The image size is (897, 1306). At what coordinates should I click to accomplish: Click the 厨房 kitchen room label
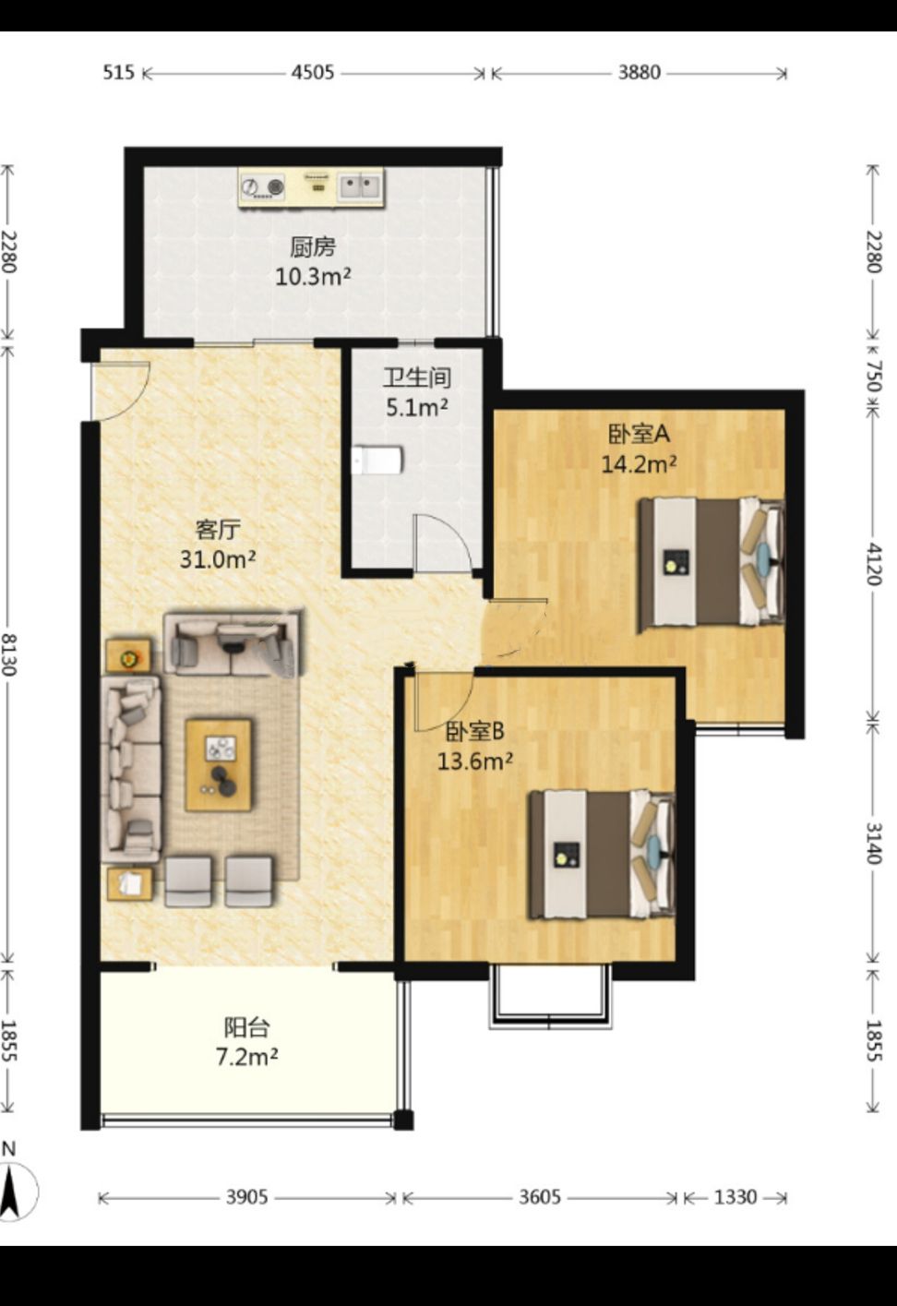pos(313,247)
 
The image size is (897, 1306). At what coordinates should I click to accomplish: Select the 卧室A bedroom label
pos(639,434)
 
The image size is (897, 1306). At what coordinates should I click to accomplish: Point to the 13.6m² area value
pos(475,761)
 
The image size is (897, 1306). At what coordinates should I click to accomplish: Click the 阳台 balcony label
pos(247,1027)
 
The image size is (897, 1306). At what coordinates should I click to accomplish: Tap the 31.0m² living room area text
pos(218,559)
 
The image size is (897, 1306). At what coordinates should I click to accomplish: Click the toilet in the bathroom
pos(377,460)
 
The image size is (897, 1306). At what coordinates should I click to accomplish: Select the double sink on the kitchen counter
pos(359,186)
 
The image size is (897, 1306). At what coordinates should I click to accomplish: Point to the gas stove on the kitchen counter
pos(263,186)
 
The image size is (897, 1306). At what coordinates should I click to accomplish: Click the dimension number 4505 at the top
pos(313,72)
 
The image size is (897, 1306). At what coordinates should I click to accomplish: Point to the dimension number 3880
pos(639,72)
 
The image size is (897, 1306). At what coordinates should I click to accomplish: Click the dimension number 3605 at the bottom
pos(540,1197)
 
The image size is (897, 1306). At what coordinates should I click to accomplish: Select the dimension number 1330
pos(736,1197)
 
